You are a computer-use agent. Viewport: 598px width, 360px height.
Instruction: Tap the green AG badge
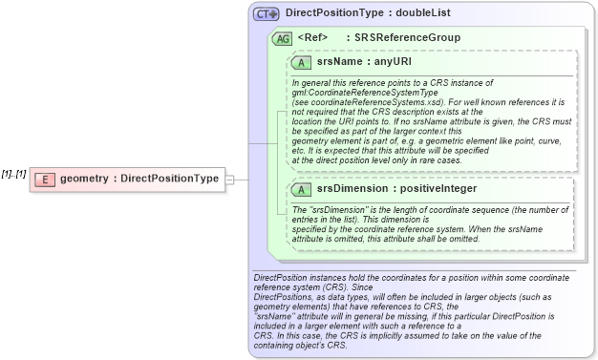283,38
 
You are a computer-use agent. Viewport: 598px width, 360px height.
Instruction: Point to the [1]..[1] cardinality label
13,173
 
